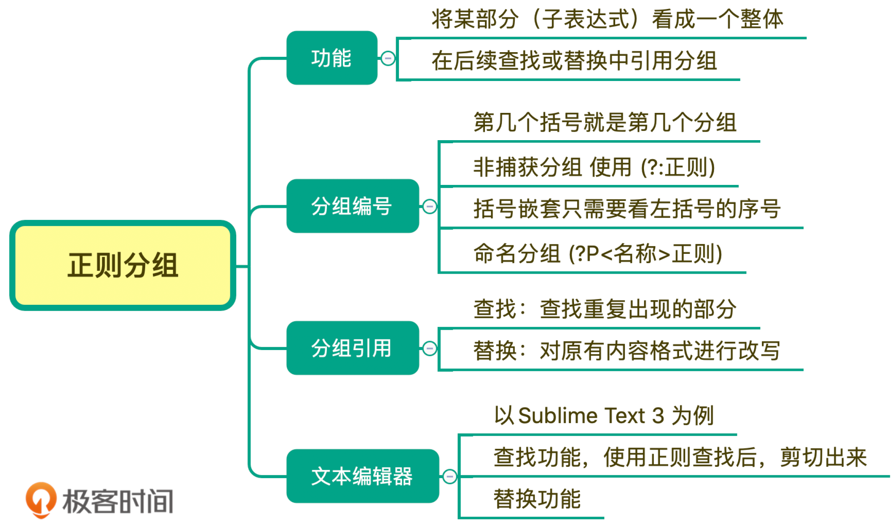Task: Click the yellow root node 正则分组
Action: pyautogui.click(x=123, y=265)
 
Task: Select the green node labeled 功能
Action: pyautogui.click(x=332, y=58)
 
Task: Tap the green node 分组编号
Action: pyautogui.click(x=352, y=206)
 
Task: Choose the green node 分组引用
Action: pyautogui.click(x=352, y=348)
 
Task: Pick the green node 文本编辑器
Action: pyautogui.click(x=362, y=476)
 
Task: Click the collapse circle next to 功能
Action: pyautogui.click(x=388, y=58)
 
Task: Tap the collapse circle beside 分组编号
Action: pyautogui.click(x=430, y=206)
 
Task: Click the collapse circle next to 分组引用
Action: pyautogui.click(x=430, y=348)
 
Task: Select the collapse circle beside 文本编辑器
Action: pyautogui.click(x=450, y=477)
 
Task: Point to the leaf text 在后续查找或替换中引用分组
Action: pyautogui.click(x=574, y=61)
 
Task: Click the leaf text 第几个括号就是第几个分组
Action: pyautogui.click(x=605, y=122)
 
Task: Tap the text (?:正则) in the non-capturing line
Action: pyautogui.click(x=677, y=167)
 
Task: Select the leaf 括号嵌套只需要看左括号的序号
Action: pyautogui.click(x=626, y=209)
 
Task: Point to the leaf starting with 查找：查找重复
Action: pyautogui.click(x=605, y=309)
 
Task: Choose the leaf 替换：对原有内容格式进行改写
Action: pyautogui.click(x=626, y=351)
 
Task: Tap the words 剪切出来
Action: pyautogui.click(x=823, y=457)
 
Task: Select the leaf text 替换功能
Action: pyautogui.click(x=537, y=499)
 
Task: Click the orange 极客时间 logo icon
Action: pyautogui.click(x=41, y=500)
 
